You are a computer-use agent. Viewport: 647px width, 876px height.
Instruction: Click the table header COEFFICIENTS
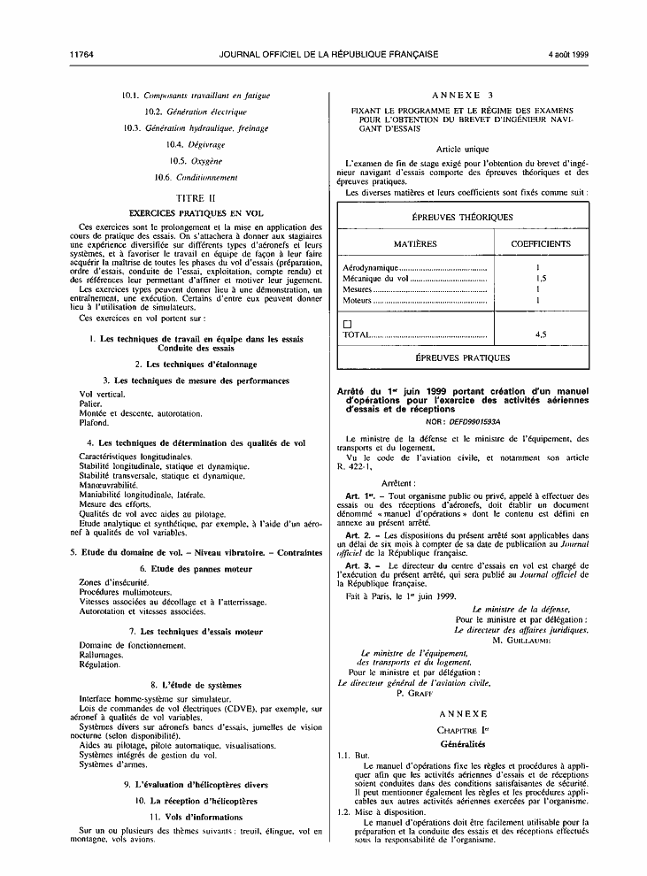coord(541,243)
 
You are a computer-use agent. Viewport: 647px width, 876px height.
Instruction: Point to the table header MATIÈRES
coord(414,243)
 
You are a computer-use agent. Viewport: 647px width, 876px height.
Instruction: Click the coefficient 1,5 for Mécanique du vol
coord(539,278)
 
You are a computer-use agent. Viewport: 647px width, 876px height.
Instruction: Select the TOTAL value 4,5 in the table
coord(540,336)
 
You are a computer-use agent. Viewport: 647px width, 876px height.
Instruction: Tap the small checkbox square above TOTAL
coord(347,325)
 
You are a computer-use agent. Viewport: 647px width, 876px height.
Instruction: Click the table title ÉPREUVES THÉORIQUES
coord(463,217)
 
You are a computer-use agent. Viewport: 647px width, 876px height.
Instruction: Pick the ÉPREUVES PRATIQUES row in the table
coord(463,357)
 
